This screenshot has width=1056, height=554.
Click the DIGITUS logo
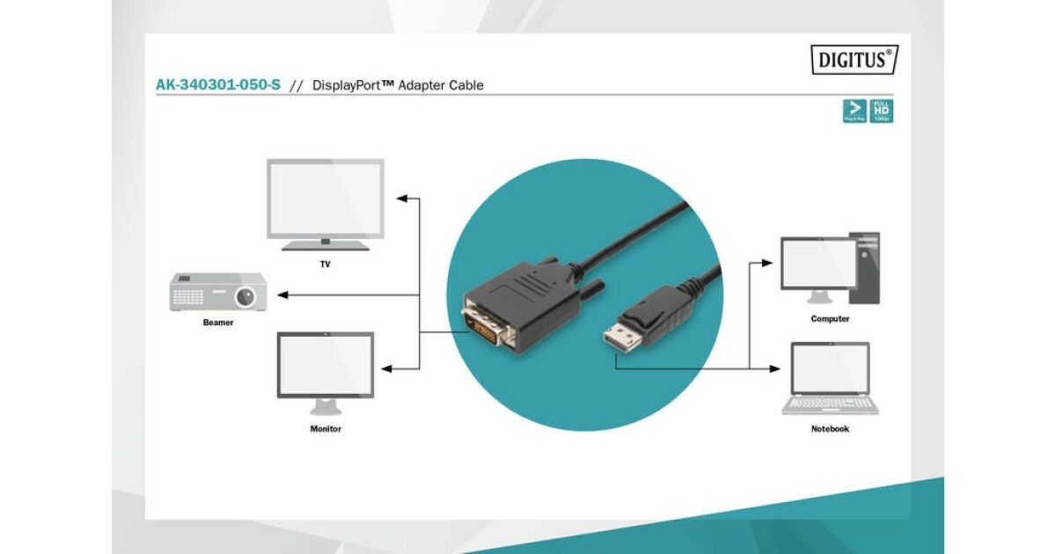point(854,60)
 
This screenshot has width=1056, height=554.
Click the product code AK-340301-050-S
point(217,85)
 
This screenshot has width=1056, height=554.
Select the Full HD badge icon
point(881,111)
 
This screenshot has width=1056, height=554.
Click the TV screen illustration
point(326,198)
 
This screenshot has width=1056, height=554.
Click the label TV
point(326,264)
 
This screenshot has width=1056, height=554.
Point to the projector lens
point(246,295)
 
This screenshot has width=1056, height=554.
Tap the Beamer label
point(218,323)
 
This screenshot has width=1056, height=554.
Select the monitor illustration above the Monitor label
point(326,365)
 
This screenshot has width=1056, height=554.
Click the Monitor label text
point(326,429)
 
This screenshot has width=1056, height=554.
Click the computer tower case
point(864,268)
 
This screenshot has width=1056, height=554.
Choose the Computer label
point(830,319)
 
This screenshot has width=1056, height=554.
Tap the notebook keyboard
point(830,405)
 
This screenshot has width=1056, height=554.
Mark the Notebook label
point(830,429)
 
